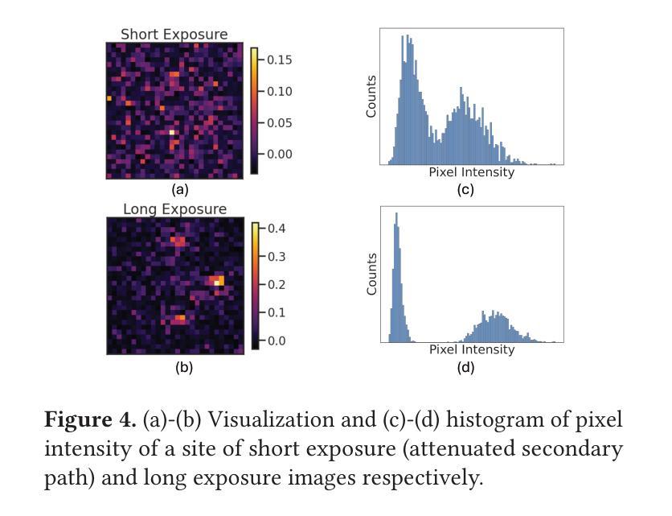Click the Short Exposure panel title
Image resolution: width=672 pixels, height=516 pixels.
pyautogui.click(x=174, y=35)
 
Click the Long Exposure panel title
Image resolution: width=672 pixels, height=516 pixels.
pyautogui.click(x=174, y=209)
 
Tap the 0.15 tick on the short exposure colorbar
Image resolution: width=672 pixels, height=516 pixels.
pyautogui.click(x=281, y=60)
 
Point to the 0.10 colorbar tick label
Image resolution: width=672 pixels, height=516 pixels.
pyautogui.click(x=281, y=91)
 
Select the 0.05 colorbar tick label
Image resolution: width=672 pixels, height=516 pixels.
pyautogui.click(x=281, y=122)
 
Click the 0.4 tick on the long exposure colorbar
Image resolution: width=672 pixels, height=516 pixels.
pyautogui.click(x=277, y=228)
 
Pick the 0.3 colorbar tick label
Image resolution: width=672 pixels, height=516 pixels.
pyautogui.click(x=277, y=256)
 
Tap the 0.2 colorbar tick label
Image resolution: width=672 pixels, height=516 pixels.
pyautogui.click(x=277, y=284)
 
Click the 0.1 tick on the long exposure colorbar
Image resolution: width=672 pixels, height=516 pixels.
pyautogui.click(x=277, y=312)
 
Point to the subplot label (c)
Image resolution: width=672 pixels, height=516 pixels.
pyautogui.click(x=465, y=190)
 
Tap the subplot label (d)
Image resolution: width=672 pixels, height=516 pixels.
pyautogui.click(x=465, y=368)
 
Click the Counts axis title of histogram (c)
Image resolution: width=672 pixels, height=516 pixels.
pyautogui.click(x=371, y=97)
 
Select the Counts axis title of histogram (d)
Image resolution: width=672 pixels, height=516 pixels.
pyautogui.click(x=371, y=274)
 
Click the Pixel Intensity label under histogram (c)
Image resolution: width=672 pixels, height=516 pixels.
pyautogui.click(x=471, y=172)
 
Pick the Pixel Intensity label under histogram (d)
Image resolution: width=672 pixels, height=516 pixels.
pyautogui.click(x=471, y=349)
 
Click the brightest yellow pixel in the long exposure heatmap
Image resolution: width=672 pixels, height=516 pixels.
pyautogui.click(x=218, y=282)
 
